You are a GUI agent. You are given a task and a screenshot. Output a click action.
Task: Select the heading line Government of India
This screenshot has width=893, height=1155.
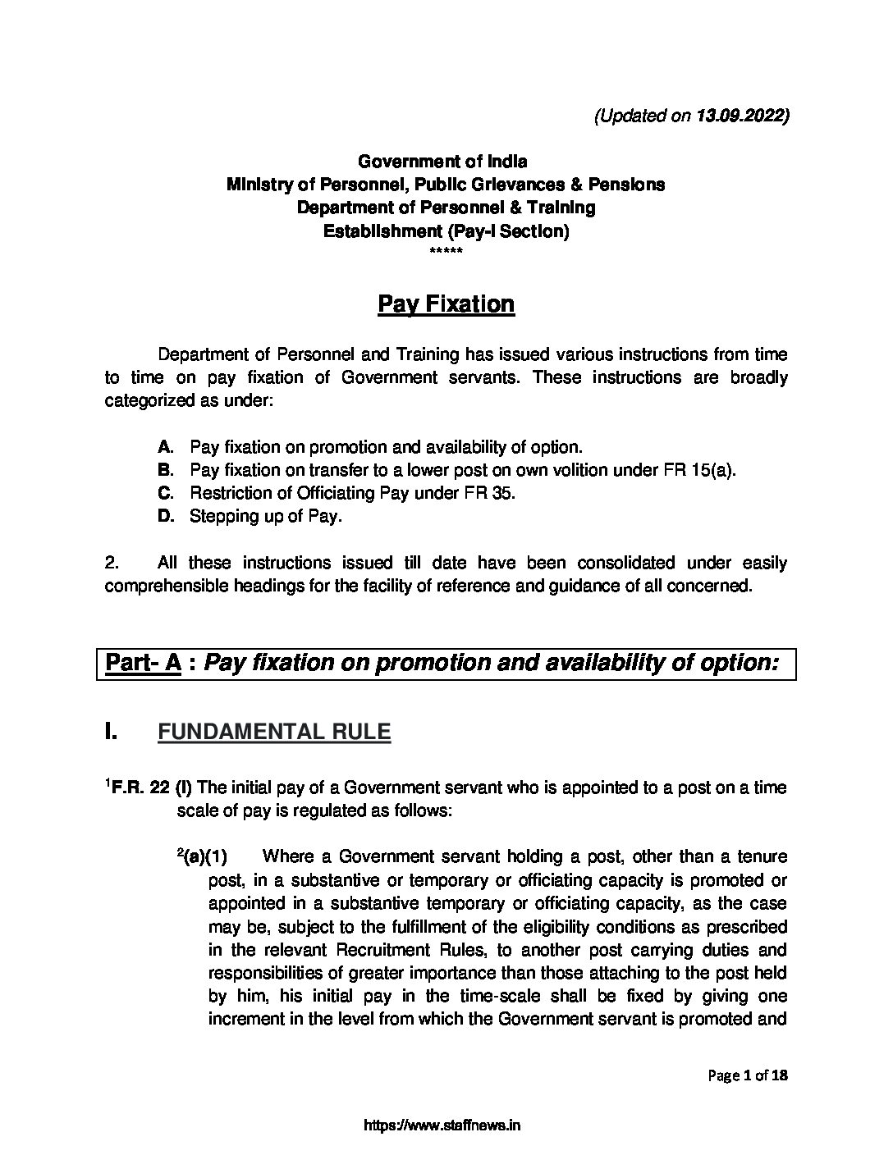pos(446,161)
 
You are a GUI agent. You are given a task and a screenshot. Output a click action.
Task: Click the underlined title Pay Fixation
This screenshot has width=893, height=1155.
pos(446,304)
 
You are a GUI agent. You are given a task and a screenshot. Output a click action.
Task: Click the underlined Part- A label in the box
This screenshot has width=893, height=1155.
pos(143,663)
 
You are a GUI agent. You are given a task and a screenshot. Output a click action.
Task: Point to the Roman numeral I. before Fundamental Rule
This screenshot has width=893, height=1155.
pos(112,732)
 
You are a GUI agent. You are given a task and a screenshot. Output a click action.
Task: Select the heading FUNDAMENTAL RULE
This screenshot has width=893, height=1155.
pos(274,732)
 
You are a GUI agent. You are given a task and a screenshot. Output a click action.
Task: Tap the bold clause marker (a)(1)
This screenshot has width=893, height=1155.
pos(204,857)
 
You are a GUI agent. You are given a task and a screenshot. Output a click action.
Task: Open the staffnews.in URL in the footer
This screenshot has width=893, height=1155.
pos(442,1125)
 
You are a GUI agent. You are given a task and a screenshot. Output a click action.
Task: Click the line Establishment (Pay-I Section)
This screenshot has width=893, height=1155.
pos(446,231)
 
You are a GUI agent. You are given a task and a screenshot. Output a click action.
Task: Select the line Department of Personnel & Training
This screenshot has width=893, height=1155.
pos(446,208)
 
